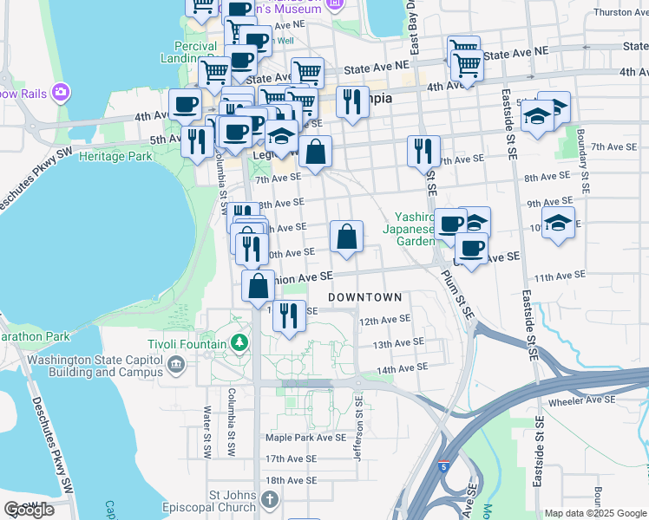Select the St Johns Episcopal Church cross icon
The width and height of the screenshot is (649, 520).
(270, 500)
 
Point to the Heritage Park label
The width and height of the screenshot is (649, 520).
(115, 157)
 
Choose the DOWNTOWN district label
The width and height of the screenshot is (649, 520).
(365, 297)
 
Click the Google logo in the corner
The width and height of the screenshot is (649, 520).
(29, 510)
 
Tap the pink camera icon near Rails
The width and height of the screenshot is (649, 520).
(61, 91)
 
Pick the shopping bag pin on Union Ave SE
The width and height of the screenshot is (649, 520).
(259, 285)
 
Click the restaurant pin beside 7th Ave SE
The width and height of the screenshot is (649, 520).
(423, 151)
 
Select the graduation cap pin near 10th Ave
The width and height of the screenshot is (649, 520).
(558, 222)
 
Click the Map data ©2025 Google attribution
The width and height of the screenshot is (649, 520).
(595, 513)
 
